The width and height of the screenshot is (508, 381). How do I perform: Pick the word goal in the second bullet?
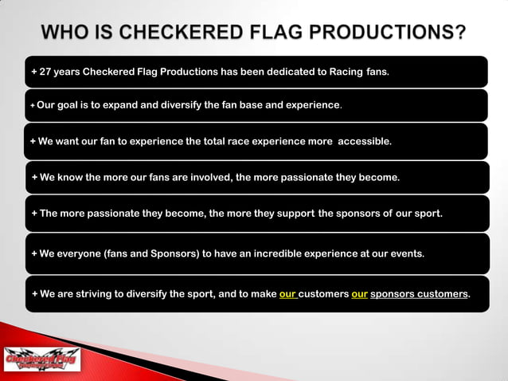click(71, 104)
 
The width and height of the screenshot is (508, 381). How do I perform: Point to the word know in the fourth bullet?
click(71, 178)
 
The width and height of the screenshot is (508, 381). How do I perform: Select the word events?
click(406, 253)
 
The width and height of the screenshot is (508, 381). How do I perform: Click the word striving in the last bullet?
click(92, 293)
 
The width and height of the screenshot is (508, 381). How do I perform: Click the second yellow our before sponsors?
click(359, 293)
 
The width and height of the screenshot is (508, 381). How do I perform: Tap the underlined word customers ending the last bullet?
click(440, 293)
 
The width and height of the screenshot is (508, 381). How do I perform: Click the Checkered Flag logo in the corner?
click(42, 359)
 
